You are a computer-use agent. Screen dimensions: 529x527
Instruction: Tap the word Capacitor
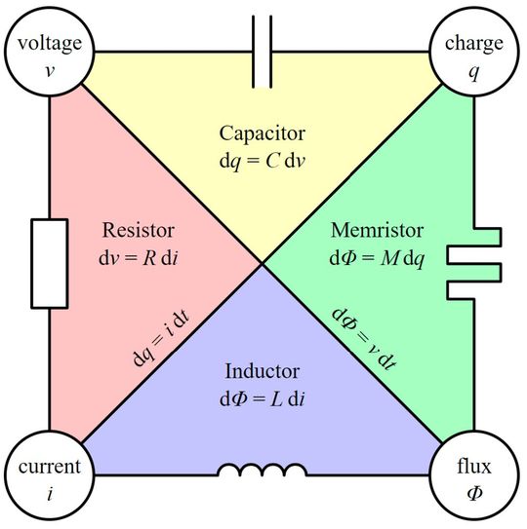point(261,133)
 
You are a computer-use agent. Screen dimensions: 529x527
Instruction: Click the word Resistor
point(137,232)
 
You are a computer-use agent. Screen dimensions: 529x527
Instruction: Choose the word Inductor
point(261,373)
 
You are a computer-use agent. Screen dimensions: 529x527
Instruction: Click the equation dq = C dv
point(261,160)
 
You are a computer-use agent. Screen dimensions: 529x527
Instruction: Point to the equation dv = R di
point(137,258)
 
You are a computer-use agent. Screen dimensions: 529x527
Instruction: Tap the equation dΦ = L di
point(261,399)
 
